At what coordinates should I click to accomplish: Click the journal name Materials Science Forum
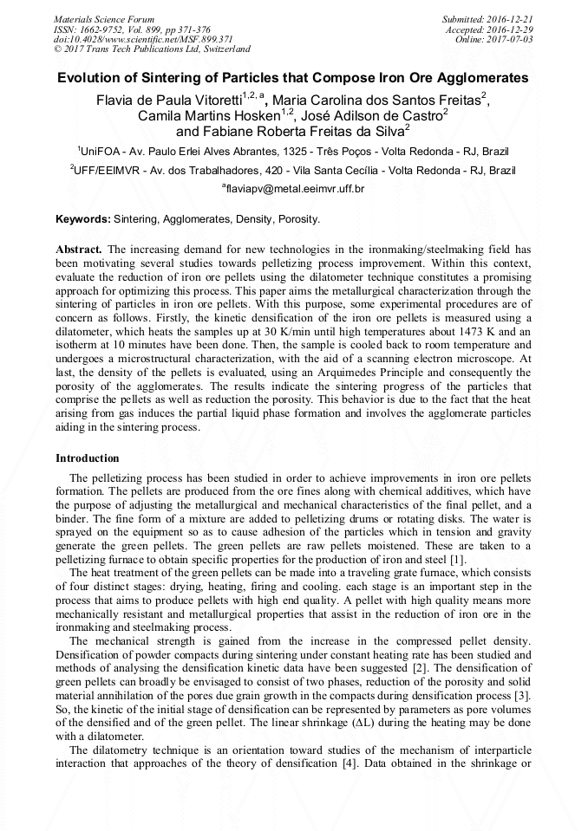tap(104, 19)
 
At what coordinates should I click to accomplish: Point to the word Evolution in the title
tap(89, 78)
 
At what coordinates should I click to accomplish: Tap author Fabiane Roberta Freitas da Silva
tap(290, 132)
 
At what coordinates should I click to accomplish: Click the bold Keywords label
tap(83, 219)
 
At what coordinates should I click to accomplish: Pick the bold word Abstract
tap(79, 249)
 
